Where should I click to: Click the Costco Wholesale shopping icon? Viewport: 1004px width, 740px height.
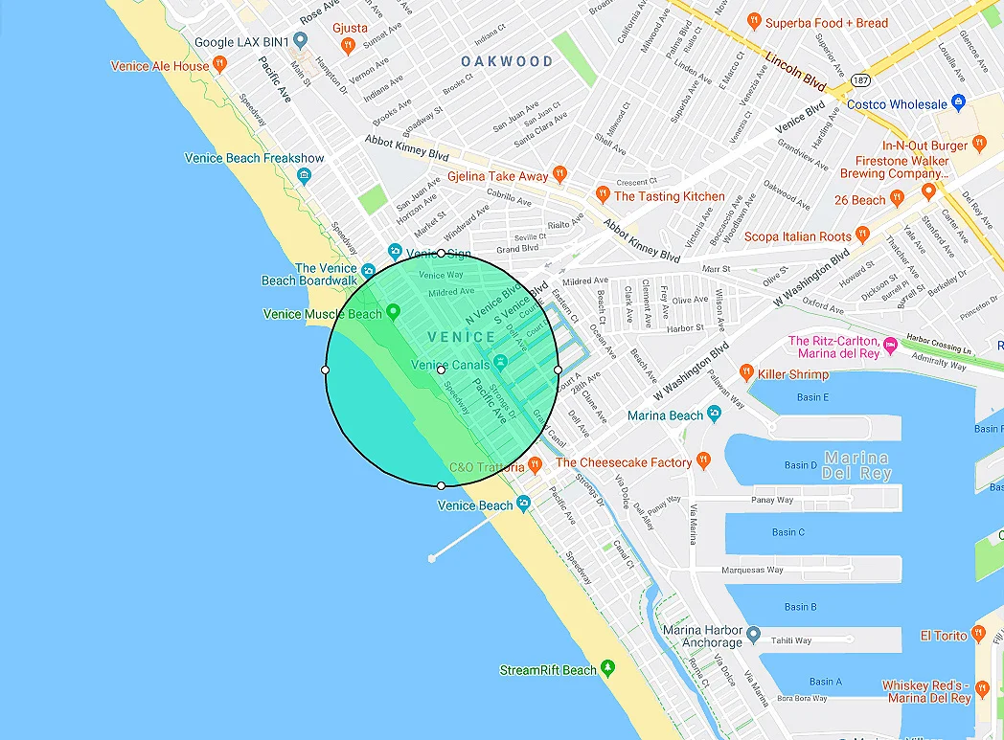pos(958,103)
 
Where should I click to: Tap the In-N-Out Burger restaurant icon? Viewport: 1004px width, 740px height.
pos(978,144)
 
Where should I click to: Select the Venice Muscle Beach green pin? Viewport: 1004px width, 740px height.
pos(392,312)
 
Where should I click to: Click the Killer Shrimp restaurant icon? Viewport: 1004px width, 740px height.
pos(746,373)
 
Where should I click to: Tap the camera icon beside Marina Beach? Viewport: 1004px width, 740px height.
pos(713,415)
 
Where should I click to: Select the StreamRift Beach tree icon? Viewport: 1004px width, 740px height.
pos(607,669)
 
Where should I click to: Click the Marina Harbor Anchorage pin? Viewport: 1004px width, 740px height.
pos(754,635)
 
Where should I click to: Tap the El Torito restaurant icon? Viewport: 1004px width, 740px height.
pos(978,634)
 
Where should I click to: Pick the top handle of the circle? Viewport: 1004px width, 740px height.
pos(441,254)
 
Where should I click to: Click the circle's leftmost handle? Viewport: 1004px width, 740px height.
pos(325,370)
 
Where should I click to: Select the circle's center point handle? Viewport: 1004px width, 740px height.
pos(441,370)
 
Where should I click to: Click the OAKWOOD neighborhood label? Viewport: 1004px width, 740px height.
pos(507,61)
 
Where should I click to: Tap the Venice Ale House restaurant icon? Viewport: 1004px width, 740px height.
pos(220,65)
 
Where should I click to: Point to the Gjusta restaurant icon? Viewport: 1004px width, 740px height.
pos(349,45)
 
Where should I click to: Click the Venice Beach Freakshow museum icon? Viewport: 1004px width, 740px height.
pos(304,175)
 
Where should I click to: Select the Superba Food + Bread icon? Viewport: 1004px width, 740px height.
pos(754,21)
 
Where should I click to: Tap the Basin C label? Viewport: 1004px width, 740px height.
pos(787,532)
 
